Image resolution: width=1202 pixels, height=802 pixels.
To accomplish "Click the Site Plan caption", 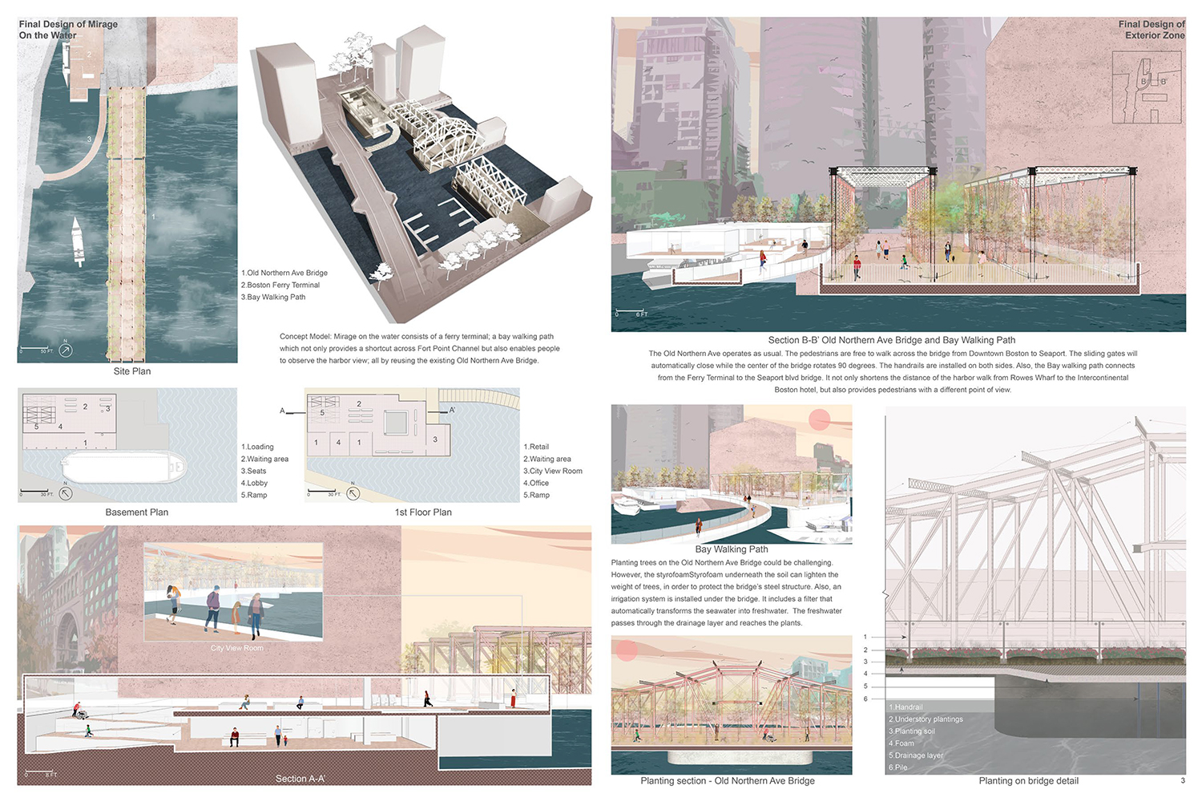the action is (132, 371).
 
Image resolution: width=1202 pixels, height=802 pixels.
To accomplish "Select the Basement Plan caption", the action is (137, 512).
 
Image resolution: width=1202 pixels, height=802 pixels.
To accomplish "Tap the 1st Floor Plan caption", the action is (423, 512).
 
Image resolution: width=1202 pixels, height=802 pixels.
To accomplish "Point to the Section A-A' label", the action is (300, 779).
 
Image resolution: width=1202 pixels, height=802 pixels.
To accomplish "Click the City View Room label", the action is (237, 648).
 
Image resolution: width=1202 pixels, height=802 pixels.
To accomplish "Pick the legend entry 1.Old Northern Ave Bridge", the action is (284, 273).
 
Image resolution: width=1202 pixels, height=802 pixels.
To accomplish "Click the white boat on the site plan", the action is (78, 241).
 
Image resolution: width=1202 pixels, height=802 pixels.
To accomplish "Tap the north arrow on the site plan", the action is (66, 350).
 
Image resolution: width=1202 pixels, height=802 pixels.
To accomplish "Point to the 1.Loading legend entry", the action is (257, 447).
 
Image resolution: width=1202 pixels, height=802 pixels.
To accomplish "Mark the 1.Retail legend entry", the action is (536, 447).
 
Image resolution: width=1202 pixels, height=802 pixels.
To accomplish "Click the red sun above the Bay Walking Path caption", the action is (820, 419).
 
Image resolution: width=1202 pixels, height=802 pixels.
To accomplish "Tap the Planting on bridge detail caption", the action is (1028, 781).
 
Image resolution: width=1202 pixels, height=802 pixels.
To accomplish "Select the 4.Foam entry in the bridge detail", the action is (901, 743).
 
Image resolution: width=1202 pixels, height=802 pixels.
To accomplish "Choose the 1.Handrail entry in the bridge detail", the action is (906, 707).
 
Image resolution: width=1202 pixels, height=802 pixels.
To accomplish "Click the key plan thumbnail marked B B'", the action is (1147, 87).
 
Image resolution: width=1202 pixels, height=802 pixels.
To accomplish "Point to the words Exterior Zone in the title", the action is (1155, 35).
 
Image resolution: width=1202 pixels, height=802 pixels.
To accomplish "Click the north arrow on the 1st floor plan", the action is (353, 493).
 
